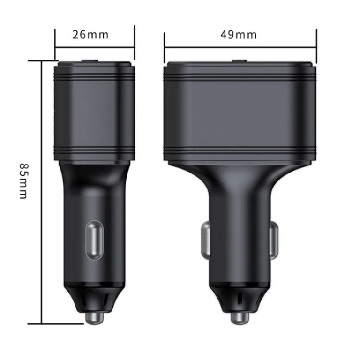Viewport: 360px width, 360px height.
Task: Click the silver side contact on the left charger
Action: pos(93,240)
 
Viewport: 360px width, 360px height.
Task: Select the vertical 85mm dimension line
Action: pos(42,192)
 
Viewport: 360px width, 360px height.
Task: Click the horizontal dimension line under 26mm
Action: pos(95,47)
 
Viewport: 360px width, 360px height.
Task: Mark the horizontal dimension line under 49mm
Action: pos(240,47)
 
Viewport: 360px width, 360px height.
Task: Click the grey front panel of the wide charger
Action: pos(240,112)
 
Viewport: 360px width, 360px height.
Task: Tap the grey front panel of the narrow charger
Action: pos(95,112)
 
